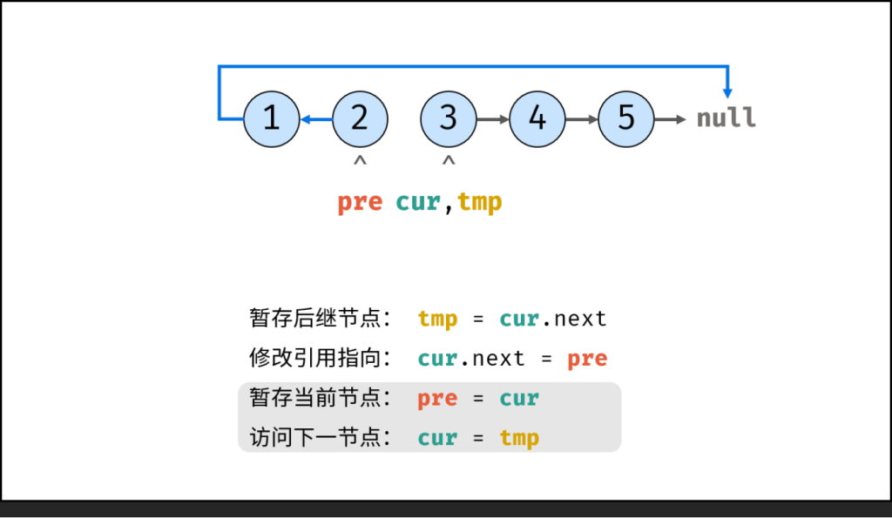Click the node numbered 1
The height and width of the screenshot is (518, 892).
click(x=272, y=118)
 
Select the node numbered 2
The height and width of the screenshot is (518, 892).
click(x=360, y=118)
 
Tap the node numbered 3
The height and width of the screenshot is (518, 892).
click(x=449, y=118)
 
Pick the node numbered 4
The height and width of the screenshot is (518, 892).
click(x=537, y=118)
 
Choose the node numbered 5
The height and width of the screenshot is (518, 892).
click(x=626, y=118)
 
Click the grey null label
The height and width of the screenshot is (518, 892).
click(x=726, y=118)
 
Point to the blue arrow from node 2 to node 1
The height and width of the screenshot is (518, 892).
click(x=316, y=119)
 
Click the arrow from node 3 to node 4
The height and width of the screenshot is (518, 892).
click(x=493, y=119)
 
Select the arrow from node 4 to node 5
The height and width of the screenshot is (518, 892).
click(x=582, y=119)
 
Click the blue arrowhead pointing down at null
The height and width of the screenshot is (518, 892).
click(x=727, y=91)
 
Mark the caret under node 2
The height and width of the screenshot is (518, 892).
click(x=360, y=161)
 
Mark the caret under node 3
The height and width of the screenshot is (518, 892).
click(x=449, y=161)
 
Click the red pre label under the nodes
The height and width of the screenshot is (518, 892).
click(x=360, y=202)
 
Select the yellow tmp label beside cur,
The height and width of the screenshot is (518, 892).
click(x=480, y=202)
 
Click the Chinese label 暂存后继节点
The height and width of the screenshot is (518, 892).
click(x=320, y=319)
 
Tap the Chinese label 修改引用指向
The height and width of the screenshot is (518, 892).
click(x=320, y=358)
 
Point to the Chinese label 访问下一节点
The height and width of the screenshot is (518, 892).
click(x=320, y=438)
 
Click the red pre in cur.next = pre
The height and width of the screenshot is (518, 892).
click(x=587, y=358)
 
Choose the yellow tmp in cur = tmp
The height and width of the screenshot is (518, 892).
click(x=519, y=438)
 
